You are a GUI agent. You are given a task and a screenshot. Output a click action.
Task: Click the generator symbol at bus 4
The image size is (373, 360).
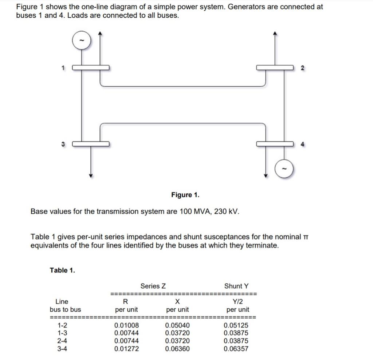pos(285,169)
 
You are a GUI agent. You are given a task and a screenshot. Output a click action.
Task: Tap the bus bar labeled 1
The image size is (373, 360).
pos(90,68)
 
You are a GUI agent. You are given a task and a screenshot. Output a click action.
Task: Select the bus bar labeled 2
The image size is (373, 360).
pos(275,68)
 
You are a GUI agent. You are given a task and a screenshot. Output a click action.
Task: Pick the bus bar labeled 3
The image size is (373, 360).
pos(90,144)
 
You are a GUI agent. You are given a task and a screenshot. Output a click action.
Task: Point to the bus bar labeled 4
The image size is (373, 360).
pos(275,144)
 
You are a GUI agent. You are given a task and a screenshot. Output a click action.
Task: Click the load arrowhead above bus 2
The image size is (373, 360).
pos(275,34)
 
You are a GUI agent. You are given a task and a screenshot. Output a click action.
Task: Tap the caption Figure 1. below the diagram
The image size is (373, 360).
pos(185,195)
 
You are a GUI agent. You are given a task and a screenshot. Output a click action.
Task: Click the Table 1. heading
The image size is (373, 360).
pos(62,270)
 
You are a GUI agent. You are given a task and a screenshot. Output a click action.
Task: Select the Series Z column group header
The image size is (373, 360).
pos(153,286)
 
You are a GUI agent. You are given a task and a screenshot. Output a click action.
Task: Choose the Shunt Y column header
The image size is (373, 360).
pos(236,286)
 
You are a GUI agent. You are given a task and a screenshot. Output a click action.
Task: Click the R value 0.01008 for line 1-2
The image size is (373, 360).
pos(126,325)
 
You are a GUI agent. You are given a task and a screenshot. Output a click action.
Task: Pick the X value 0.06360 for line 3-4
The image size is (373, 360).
pos(177,349)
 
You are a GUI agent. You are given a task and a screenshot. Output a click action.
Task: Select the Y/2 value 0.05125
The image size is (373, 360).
pos(236,325)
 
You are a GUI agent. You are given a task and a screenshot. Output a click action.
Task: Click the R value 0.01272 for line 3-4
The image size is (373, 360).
pos(126,349)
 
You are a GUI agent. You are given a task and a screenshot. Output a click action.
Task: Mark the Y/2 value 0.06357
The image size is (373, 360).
pos(236,349)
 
